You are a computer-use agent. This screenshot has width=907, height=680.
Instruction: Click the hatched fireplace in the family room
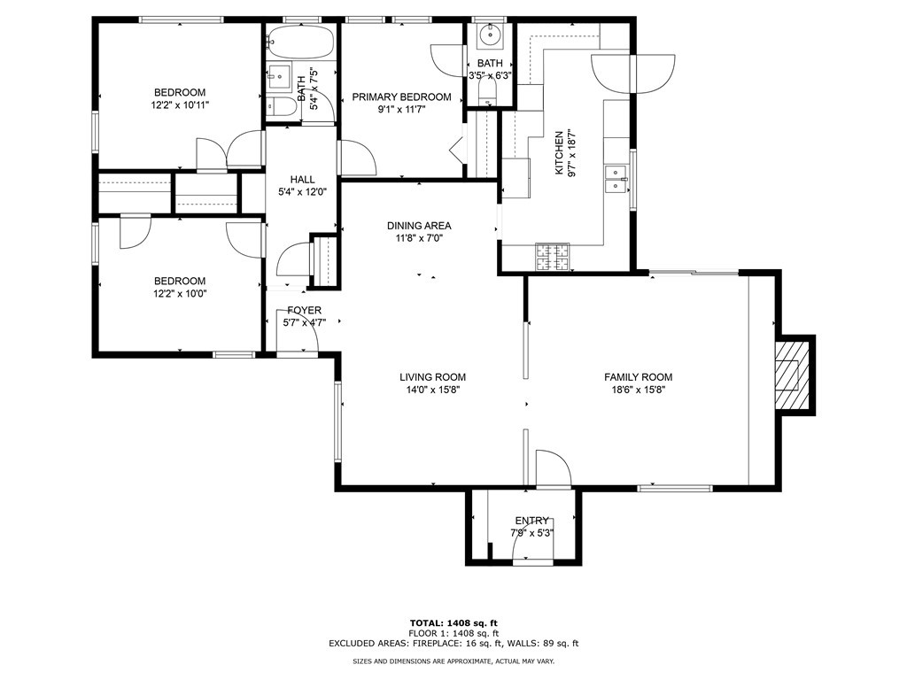(792, 375)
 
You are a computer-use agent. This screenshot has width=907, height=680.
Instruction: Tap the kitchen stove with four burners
(553, 258)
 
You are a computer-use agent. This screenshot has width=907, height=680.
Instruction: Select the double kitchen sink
(616, 179)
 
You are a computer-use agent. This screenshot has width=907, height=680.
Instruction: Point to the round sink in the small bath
(491, 35)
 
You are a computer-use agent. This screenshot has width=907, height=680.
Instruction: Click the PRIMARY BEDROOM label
(401, 97)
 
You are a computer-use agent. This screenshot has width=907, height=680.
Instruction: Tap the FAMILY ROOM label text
(638, 377)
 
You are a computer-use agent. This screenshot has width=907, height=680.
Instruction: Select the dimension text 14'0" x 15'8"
(432, 390)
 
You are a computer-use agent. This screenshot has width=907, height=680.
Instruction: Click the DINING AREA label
(419, 226)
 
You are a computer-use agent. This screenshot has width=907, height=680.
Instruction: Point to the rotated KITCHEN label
(559, 153)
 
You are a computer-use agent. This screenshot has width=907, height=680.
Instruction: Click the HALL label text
(303, 180)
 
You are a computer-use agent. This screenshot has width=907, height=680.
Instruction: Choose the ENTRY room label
(531, 521)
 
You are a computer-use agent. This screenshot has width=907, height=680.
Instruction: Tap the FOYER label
(305, 311)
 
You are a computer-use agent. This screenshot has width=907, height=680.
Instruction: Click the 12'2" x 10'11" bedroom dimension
(179, 105)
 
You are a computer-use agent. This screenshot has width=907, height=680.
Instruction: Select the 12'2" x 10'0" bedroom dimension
(179, 294)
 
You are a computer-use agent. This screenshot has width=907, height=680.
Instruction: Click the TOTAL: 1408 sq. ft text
(453, 622)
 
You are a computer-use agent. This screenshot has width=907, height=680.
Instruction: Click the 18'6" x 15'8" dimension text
(638, 390)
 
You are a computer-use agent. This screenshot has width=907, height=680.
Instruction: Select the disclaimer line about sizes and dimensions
(453, 661)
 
